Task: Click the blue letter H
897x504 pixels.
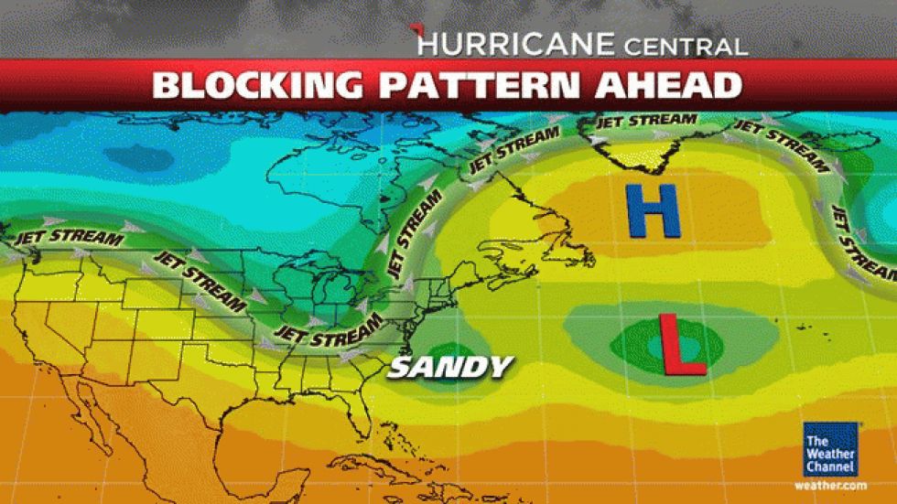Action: [654, 210]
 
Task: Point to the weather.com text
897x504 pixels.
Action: [830, 484]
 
